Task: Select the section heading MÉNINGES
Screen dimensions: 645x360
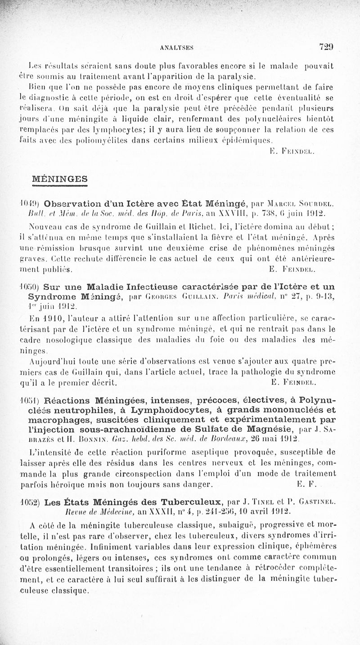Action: coord(60,179)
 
